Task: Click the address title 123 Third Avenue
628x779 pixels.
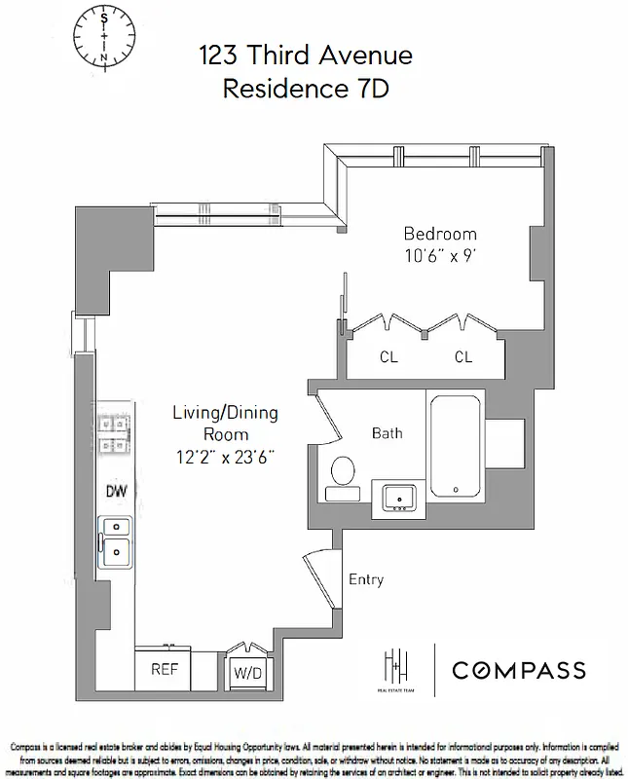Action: (306, 56)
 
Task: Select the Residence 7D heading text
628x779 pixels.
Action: (306, 90)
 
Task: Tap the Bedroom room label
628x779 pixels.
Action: (440, 234)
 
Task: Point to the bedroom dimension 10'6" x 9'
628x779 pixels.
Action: (440, 257)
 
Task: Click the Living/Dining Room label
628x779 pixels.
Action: (226, 424)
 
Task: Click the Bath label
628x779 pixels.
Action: (387, 432)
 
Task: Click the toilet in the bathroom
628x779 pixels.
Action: (343, 471)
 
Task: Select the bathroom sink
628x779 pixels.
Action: (399, 498)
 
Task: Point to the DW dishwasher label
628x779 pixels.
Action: (117, 492)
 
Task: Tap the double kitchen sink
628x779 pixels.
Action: (116, 540)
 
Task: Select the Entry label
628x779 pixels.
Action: (366, 579)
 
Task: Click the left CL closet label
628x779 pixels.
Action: (388, 357)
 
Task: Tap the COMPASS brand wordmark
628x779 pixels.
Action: (517, 669)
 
